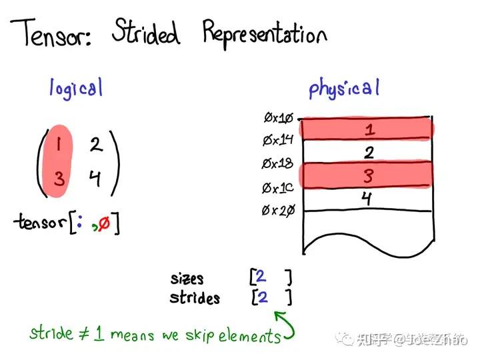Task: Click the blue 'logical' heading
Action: pyautogui.click(x=77, y=87)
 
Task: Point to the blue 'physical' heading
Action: pyautogui.click(x=344, y=88)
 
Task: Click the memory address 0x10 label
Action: pyautogui.click(x=279, y=119)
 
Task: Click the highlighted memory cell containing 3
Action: pyautogui.click(x=367, y=175)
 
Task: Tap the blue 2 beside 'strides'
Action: pyautogui.click(x=263, y=297)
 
